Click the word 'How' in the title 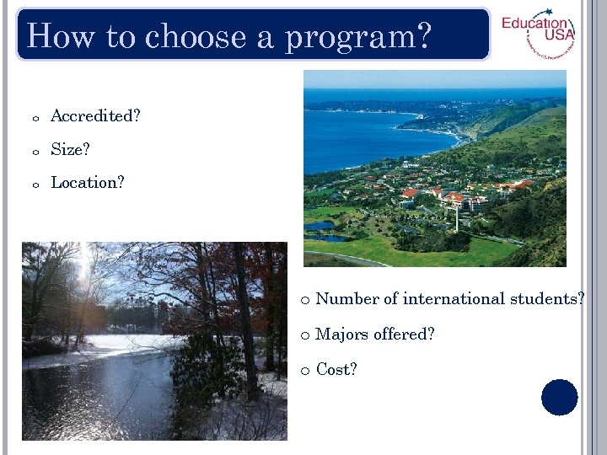(x=57, y=36)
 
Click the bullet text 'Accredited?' (x=95, y=116)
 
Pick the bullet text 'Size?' (x=70, y=150)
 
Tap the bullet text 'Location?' (x=88, y=183)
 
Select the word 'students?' (x=550, y=299)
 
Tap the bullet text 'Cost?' (x=336, y=370)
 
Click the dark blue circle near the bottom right (x=560, y=397)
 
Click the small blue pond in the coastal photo (x=321, y=227)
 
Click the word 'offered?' (x=404, y=335)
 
